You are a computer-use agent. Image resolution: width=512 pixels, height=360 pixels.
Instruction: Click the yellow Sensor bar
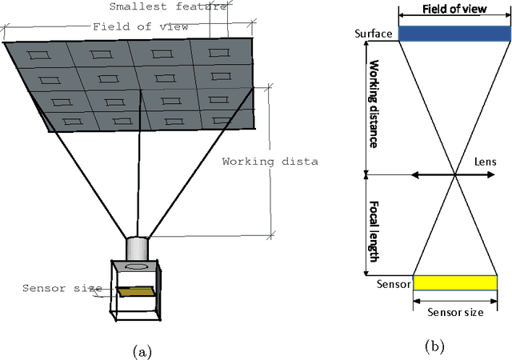(x=454, y=282)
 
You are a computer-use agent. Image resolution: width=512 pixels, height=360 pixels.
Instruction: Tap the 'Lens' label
(x=484, y=162)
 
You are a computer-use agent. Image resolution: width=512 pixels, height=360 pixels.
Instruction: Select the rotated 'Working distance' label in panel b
(x=373, y=106)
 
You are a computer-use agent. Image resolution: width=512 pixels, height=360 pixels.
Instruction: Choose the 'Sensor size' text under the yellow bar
(x=454, y=312)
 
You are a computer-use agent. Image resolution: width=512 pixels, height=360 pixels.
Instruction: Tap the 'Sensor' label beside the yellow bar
(x=393, y=283)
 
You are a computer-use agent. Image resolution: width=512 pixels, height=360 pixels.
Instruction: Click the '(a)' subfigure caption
(x=138, y=350)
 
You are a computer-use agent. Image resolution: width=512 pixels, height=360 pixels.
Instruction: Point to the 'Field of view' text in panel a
(x=140, y=26)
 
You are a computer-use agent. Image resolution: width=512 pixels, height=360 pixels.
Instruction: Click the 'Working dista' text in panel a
(x=270, y=161)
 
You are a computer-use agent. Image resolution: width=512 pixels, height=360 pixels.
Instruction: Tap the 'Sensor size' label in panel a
(x=62, y=288)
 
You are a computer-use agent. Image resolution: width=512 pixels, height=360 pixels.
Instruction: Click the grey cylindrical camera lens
(x=138, y=249)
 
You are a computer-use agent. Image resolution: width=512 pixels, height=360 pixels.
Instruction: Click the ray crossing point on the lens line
(x=454, y=174)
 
